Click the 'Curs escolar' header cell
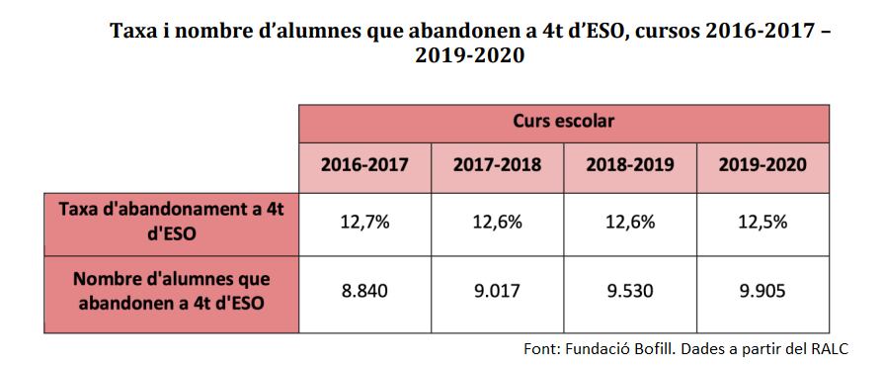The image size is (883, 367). tap(564, 122)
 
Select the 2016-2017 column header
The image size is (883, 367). tap(364, 165)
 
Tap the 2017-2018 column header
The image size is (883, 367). tap(497, 165)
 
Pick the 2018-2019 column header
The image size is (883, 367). tap(630, 165)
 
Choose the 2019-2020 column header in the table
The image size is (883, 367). tap(763, 165)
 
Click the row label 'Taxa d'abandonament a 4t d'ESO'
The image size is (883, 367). tap(171, 222)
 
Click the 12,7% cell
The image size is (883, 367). tap(364, 222)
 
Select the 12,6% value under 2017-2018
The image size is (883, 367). tap(497, 222)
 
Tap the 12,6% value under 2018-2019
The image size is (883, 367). tap(630, 222)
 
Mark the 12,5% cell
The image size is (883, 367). tap(763, 222)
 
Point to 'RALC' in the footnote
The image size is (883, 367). tap(827, 350)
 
